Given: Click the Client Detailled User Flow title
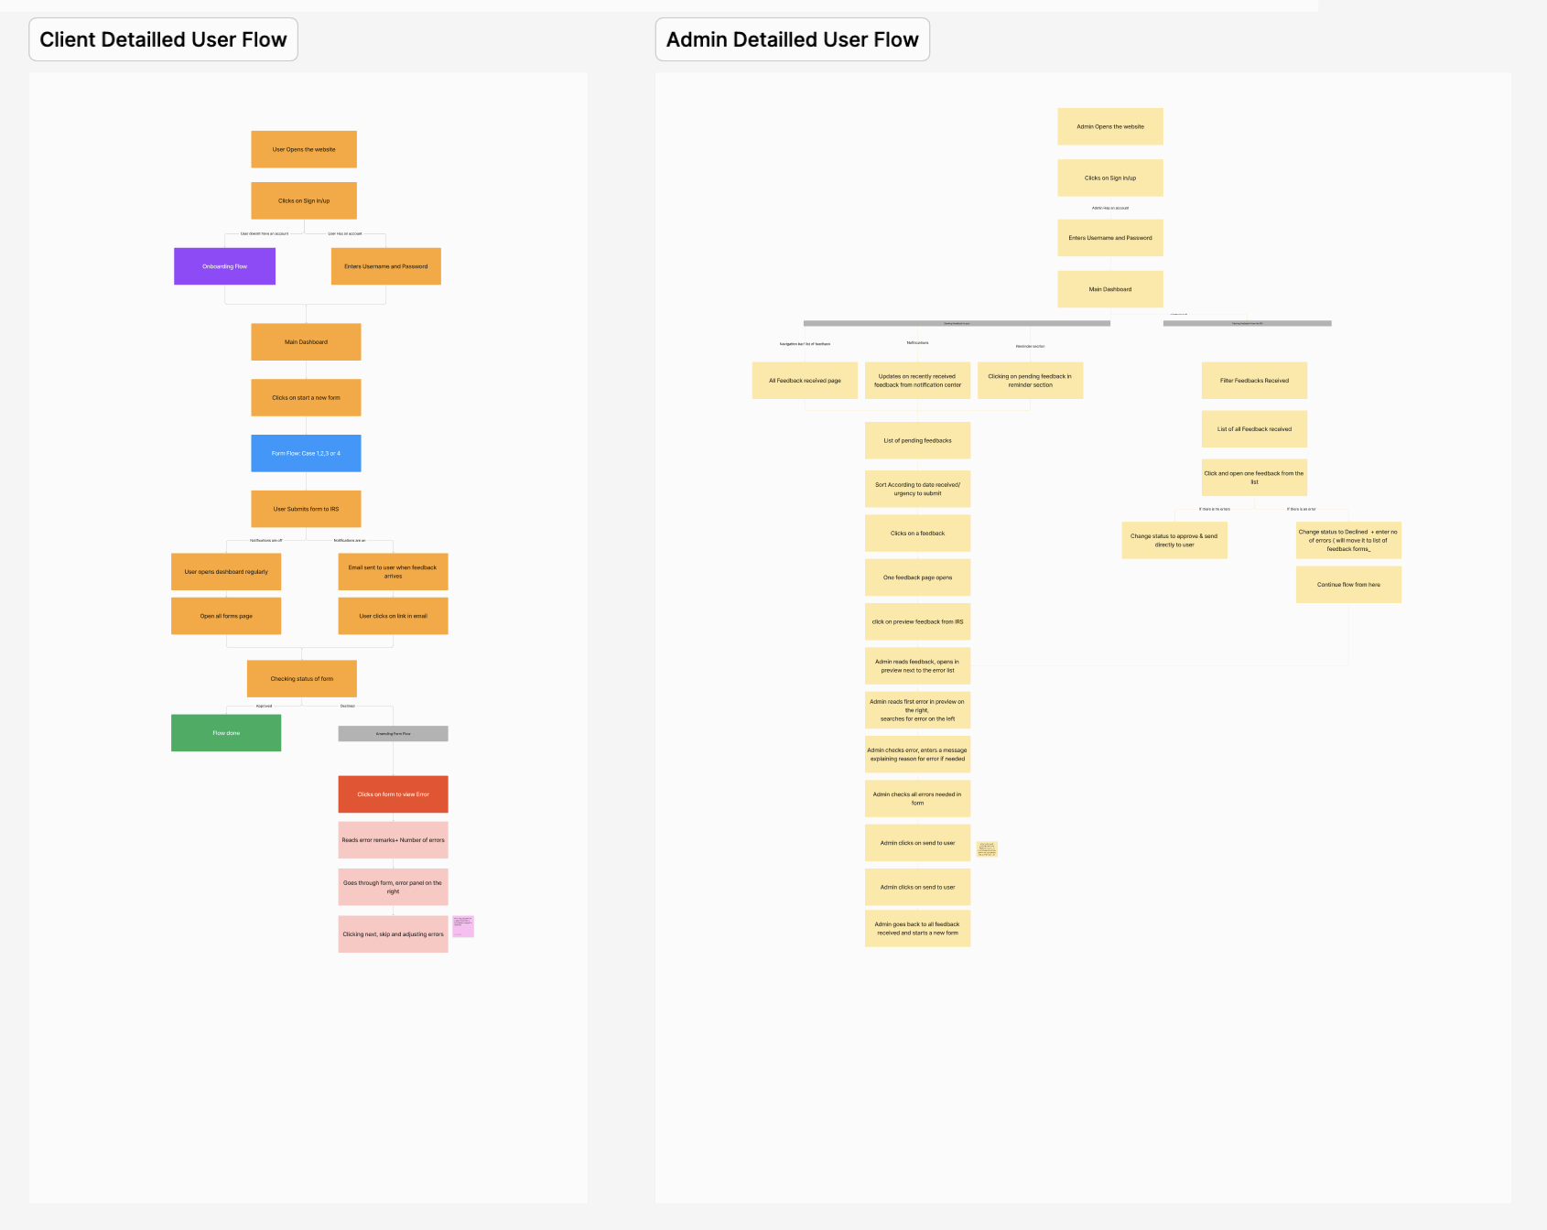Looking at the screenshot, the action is click(163, 39).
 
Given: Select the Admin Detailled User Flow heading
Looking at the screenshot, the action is click(792, 39).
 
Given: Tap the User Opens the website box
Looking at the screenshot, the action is click(304, 149).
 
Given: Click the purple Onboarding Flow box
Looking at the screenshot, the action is click(224, 266).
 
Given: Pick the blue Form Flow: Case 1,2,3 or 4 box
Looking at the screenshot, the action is click(306, 453).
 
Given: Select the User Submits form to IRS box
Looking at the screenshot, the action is click(306, 509).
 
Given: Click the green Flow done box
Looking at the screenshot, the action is click(226, 733).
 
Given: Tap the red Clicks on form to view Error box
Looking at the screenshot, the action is click(393, 794).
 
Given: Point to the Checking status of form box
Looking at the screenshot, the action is click(301, 679).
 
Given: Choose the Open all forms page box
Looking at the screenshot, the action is click(226, 616).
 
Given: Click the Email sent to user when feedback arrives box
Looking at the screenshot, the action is click(393, 571).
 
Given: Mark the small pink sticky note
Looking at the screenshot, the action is click(463, 926).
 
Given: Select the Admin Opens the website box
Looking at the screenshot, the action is click(1109, 126).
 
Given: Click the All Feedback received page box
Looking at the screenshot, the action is click(805, 381).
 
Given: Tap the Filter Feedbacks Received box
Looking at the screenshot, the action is click(1254, 381).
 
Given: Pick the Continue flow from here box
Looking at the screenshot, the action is click(1348, 585).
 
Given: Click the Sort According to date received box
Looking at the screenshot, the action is click(917, 489).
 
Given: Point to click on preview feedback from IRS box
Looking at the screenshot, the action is click(917, 621).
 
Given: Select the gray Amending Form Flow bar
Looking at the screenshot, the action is click(393, 733).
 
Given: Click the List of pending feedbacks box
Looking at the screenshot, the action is click(917, 440).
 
